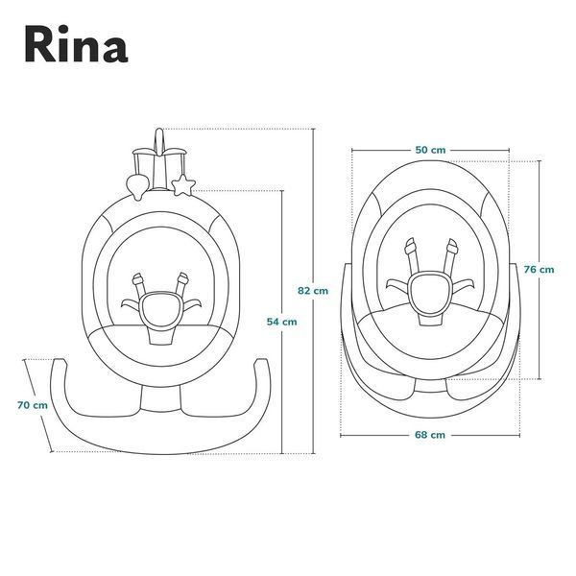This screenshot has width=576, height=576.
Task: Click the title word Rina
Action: point(76,44)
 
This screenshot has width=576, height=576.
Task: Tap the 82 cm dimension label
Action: point(313,291)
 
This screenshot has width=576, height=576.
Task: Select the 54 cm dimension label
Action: point(281,322)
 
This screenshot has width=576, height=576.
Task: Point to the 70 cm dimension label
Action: point(33,405)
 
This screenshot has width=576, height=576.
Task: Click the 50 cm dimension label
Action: point(430,150)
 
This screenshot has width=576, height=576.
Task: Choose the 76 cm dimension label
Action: point(539,269)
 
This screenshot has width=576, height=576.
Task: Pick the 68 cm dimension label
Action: point(430,435)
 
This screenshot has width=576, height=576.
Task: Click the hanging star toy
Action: point(183,184)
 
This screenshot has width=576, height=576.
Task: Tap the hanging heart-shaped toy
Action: point(137,186)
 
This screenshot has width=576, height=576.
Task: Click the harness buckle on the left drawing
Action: point(161,307)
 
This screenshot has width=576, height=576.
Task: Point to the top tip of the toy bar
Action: point(158,129)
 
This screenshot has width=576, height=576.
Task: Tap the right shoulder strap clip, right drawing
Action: point(452,246)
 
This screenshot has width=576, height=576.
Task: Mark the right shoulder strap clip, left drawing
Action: point(182,279)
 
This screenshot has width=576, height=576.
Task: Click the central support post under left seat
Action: point(161,398)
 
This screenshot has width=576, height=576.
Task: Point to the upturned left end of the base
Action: point(60,364)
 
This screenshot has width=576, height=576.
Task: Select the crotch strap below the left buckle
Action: point(160,333)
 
